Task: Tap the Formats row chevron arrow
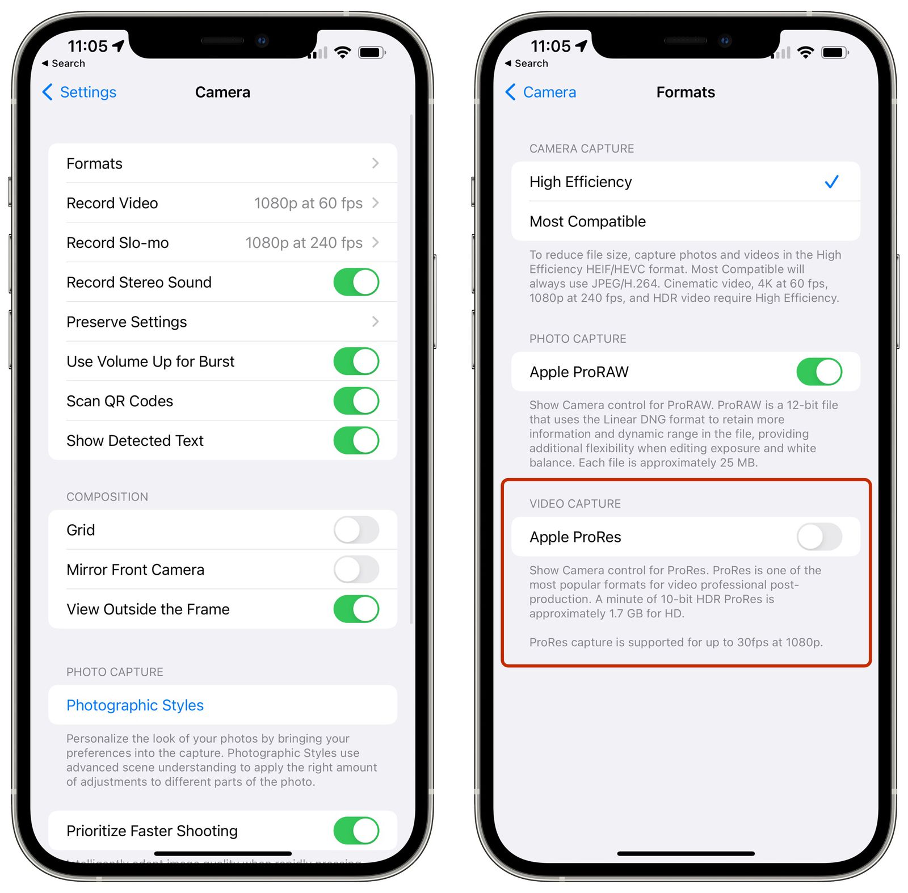coord(375,163)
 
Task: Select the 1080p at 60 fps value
coord(308,203)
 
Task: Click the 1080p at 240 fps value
coord(304,243)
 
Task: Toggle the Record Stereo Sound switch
coord(356,283)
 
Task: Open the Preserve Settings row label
coord(127,322)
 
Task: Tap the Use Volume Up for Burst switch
coord(356,361)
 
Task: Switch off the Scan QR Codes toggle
coord(356,401)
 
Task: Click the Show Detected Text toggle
coord(356,441)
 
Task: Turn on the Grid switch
coord(356,530)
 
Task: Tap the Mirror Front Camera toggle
coord(356,570)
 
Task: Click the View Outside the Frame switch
coord(356,609)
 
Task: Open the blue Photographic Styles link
coord(135,705)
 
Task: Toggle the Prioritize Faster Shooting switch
coord(356,831)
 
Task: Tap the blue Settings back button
coord(79,92)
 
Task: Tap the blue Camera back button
coord(541,92)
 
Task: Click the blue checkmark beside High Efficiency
coord(831,182)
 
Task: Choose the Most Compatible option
coord(587,221)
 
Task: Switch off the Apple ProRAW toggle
coord(819,372)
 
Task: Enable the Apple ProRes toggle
coord(819,537)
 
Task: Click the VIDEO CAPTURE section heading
coord(575,504)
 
